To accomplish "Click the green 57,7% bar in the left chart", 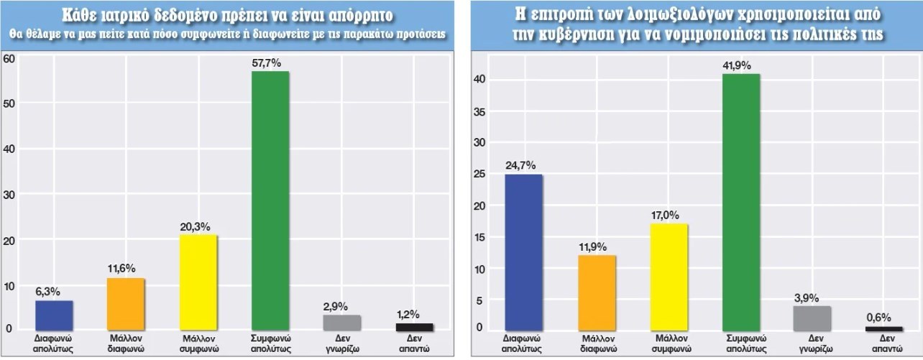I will click(x=270, y=201).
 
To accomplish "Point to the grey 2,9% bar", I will click(x=342, y=323).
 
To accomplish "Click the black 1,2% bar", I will click(x=414, y=327).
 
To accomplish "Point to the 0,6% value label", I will click(x=884, y=316).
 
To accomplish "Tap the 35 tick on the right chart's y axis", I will click(x=479, y=112).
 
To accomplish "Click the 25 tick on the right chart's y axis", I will click(x=479, y=175).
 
